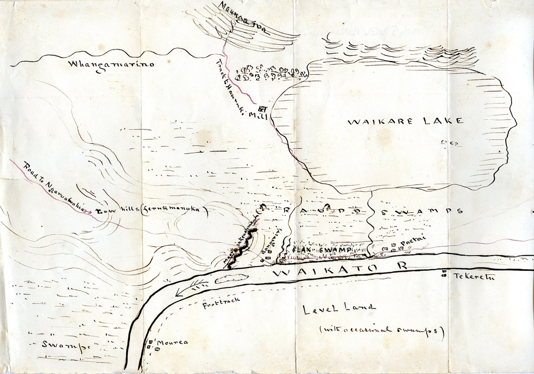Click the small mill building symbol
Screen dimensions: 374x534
pos(262,108)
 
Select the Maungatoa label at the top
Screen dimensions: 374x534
pos(242,18)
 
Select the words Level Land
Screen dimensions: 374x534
pos(339,308)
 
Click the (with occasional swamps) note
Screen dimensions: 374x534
pos(381,330)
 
